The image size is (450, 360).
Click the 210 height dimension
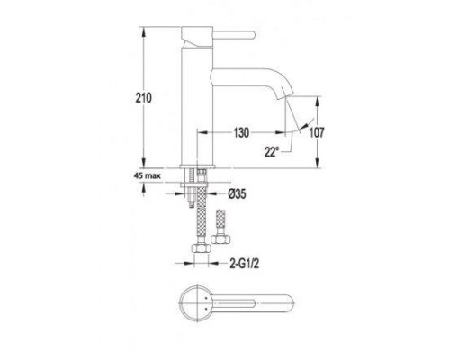[x=144, y=98]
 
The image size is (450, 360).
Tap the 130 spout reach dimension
[x=241, y=132]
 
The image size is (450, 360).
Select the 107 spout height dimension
[x=317, y=132]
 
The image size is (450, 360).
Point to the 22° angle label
[x=272, y=152]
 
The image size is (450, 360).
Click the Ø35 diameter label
[x=237, y=194]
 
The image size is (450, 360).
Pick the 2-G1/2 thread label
[x=244, y=264]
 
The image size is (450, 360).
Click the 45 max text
[x=147, y=175]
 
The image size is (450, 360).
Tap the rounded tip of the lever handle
[x=253, y=35]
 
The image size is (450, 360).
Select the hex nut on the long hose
[x=202, y=248]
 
